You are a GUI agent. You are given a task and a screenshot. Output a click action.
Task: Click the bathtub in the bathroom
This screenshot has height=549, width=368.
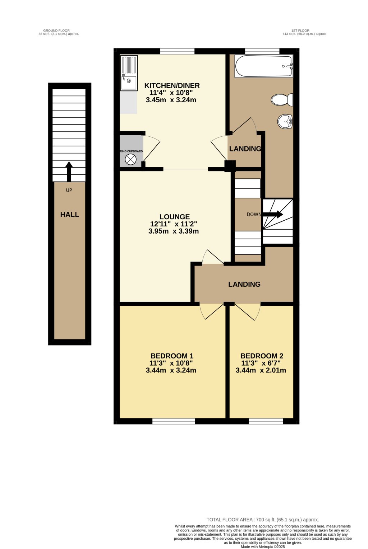pyautogui.click(x=263, y=66)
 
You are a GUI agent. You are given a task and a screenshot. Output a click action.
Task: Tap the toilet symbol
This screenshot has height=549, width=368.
pyautogui.click(x=282, y=100)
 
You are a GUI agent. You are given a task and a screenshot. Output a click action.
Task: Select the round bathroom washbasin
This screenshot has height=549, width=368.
pyautogui.click(x=285, y=121)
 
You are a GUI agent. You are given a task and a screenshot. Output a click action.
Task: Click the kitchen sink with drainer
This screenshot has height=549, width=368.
pyautogui.click(x=129, y=74)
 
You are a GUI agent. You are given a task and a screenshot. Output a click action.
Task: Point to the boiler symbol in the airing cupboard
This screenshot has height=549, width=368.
pyautogui.click(x=131, y=160)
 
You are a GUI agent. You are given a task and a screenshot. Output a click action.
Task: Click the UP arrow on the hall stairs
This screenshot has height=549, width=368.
pyautogui.click(x=69, y=171)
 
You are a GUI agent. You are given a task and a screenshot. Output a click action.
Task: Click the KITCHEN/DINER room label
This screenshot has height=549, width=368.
pyautogui.click(x=172, y=86)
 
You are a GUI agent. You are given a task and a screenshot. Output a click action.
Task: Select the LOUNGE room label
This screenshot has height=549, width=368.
pyautogui.click(x=174, y=217)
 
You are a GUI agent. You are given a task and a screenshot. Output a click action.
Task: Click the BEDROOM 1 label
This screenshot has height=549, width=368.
pyautogui.click(x=172, y=356)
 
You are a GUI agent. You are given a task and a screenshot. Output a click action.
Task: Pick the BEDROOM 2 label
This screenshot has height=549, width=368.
pyautogui.click(x=262, y=356)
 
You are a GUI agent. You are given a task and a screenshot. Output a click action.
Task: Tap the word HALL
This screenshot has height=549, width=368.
pyautogui.click(x=69, y=215)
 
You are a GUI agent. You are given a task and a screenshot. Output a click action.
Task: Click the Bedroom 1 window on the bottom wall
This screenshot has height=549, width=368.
pyautogui.click(x=174, y=421)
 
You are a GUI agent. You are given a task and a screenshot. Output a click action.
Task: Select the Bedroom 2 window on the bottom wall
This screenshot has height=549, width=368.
pyautogui.click(x=266, y=421)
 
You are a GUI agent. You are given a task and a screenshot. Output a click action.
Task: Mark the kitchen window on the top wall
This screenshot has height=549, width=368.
pyautogui.click(x=177, y=51)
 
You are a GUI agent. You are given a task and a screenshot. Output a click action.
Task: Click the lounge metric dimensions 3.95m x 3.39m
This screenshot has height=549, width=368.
pyautogui.click(x=174, y=231)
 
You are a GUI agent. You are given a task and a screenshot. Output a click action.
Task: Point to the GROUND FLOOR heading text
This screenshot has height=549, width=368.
pyautogui.click(x=56, y=31)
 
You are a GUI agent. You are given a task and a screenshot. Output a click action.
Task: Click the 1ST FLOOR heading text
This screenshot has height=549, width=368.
pyautogui.click(x=300, y=31)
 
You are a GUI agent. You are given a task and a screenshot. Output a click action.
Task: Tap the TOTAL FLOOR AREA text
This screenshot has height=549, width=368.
pyautogui.click(x=263, y=520)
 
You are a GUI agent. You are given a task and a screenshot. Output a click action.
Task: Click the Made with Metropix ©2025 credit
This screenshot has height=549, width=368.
pyautogui.click(x=263, y=547)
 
